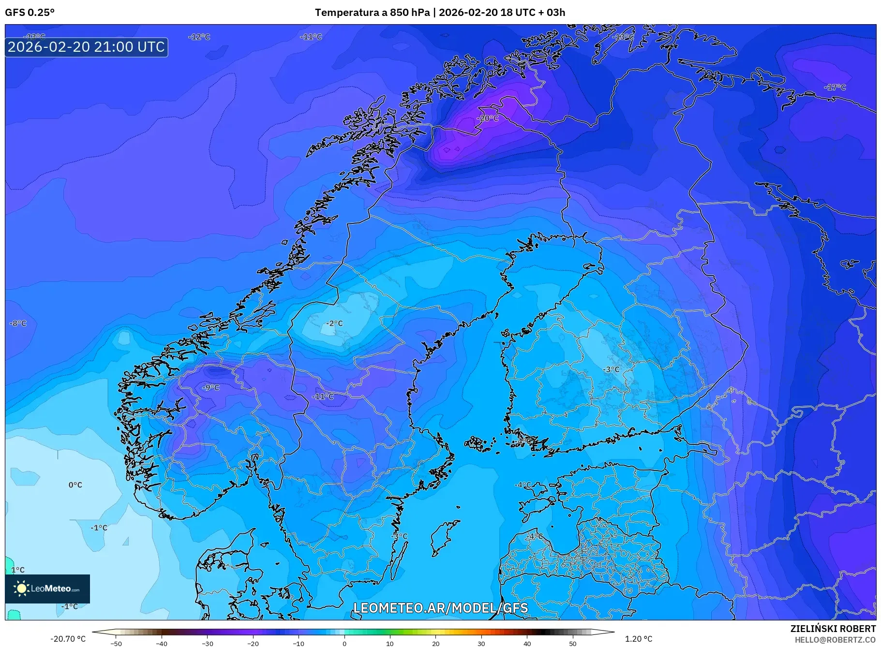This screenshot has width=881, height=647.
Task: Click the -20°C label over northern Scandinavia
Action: [x=487, y=118]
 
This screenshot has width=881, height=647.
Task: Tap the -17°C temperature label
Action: [x=835, y=88]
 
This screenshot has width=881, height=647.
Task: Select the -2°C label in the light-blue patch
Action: [x=334, y=323]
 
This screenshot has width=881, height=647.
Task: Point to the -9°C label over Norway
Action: [x=211, y=388]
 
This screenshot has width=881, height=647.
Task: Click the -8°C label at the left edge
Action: [x=18, y=323]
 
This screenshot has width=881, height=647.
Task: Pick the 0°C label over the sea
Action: [x=75, y=485]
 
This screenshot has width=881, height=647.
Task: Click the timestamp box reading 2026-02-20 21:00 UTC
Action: [x=86, y=47]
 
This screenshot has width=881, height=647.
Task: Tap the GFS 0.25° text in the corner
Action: [x=30, y=13]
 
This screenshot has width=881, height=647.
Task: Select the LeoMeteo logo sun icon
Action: [x=21, y=588]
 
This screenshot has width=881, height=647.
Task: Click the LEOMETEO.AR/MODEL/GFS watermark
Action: [x=440, y=608]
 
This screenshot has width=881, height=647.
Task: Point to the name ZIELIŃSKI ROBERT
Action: [x=833, y=629]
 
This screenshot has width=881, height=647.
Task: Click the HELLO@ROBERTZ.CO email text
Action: [x=835, y=639]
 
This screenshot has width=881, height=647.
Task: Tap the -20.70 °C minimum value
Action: [x=68, y=639]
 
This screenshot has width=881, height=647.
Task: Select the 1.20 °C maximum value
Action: [x=639, y=639]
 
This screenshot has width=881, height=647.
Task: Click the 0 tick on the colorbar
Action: [x=344, y=643]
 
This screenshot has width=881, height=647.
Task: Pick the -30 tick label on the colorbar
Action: [x=207, y=643]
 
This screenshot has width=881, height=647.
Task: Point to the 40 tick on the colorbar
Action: [x=527, y=643]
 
